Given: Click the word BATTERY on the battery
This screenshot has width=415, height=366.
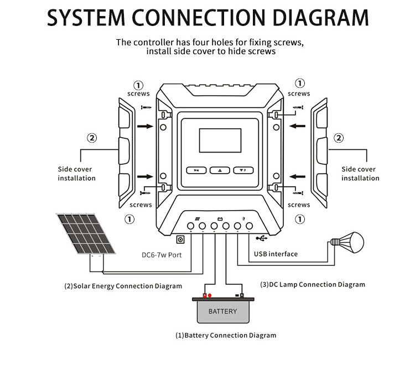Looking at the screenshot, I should click(x=222, y=311).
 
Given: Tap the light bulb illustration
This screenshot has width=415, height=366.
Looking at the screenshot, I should click(x=349, y=241).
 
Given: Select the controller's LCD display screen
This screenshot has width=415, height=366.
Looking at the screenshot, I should click(x=220, y=140).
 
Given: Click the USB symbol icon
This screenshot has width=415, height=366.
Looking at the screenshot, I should click(x=261, y=238).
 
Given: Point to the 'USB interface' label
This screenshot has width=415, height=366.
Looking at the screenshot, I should click(x=276, y=254).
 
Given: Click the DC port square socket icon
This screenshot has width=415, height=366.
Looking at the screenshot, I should click(x=180, y=240).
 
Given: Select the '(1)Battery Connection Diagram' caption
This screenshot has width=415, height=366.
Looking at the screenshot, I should click(x=226, y=335).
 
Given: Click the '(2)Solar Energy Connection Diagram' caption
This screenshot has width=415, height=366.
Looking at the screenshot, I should click(x=123, y=286).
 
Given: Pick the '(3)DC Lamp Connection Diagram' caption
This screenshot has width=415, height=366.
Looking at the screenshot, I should click(x=313, y=285).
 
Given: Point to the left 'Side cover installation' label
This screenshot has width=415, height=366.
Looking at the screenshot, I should click(x=76, y=174).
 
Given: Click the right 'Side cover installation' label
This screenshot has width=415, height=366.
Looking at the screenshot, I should click(x=360, y=174).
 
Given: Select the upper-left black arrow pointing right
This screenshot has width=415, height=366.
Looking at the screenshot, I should click(x=145, y=126).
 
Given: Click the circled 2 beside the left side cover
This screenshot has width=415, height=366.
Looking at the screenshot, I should click(x=92, y=138).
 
